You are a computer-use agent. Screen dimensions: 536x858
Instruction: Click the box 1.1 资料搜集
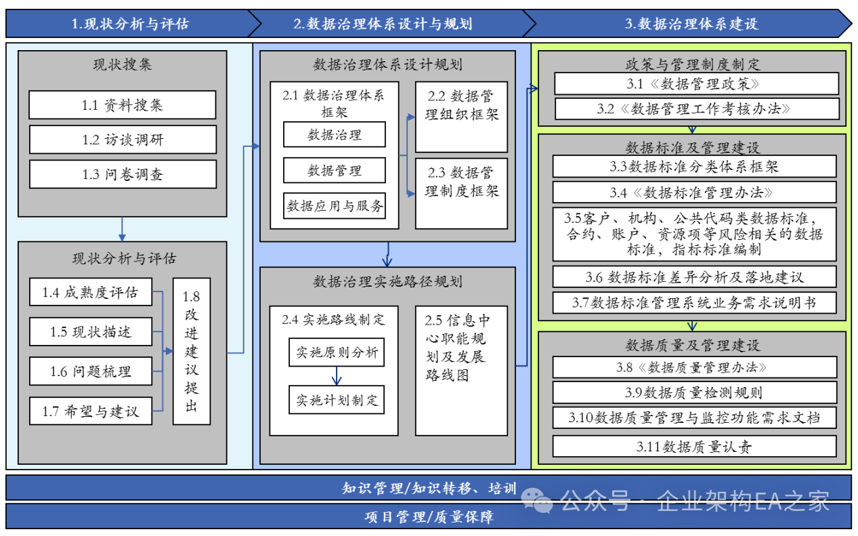click(122, 105)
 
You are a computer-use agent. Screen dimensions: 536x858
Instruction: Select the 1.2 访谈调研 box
click(122, 140)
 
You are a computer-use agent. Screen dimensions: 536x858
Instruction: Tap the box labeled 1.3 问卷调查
click(122, 174)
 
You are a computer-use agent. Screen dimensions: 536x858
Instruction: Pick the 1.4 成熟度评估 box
click(90, 292)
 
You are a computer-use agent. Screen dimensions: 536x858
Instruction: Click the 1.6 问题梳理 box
click(90, 371)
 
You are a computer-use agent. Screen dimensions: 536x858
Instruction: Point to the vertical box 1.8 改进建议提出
click(192, 352)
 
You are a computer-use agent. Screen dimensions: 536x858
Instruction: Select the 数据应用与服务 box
click(335, 205)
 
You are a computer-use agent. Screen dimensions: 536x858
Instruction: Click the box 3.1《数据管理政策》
click(696, 84)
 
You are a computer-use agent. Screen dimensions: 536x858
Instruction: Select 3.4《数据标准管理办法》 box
click(694, 192)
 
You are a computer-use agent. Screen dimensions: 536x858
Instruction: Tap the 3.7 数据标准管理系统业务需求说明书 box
click(694, 302)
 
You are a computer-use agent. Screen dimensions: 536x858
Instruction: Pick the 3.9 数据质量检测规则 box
click(694, 392)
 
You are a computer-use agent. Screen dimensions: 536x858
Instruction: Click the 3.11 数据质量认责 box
click(694, 447)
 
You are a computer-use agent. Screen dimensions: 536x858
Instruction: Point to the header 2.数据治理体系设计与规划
click(383, 24)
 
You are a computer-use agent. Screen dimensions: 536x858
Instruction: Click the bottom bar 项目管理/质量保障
click(428, 517)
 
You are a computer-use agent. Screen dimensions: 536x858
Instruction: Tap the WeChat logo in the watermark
click(541, 501)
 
